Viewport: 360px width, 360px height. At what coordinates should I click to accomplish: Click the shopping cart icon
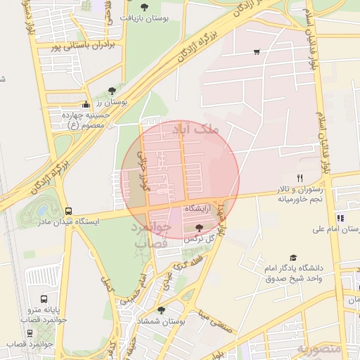(257, 51)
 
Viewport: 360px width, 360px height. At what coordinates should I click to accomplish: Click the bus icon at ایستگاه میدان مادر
(68, 210)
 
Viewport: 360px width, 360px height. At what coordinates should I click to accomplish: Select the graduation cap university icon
(293, 258)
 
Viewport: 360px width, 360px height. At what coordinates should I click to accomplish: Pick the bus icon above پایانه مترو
(45, 299)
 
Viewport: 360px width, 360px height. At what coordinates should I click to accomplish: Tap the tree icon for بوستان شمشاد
(162, 309)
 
